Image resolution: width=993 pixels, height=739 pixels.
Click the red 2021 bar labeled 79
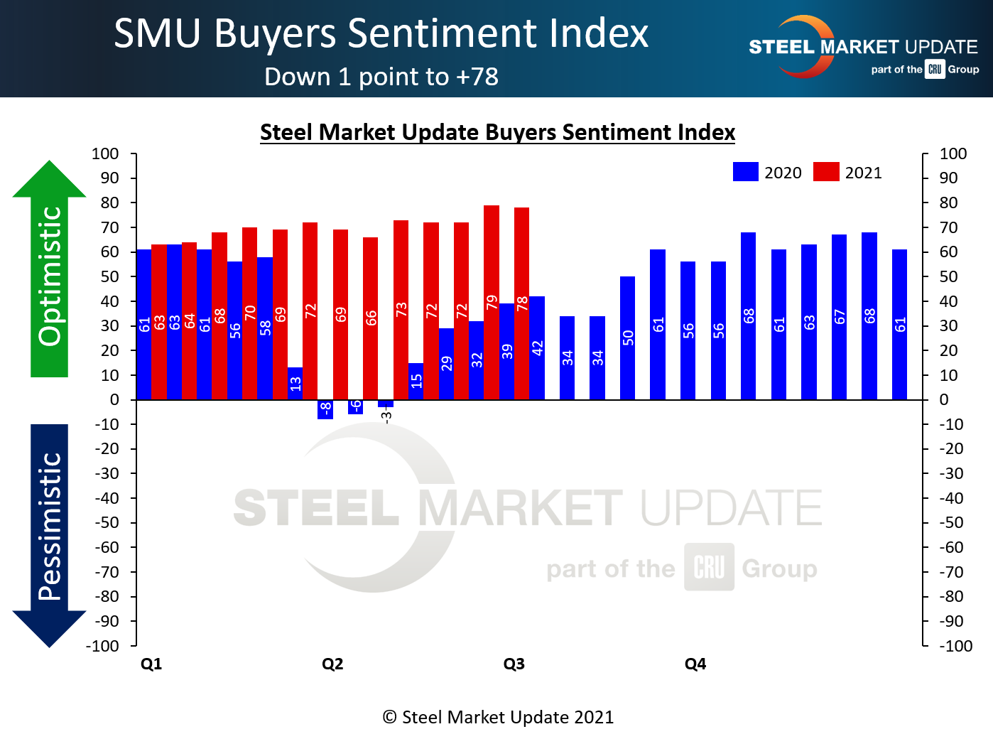(x=492, y=302)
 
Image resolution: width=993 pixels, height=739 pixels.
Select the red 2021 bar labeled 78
(x=522, y=303)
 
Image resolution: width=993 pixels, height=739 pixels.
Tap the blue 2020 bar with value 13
(x=295, y=383)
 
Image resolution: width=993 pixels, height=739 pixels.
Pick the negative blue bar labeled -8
(x=325, y=409)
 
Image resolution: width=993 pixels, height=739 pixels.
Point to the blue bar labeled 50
(x=628, y=338)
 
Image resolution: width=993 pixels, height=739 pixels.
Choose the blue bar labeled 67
(x=840, y=316)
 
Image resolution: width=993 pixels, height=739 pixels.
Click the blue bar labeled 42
(x=537, y=347)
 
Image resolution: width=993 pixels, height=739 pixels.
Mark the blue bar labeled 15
(x=416, y=381)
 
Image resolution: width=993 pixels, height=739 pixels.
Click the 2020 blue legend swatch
(x=746, y=172)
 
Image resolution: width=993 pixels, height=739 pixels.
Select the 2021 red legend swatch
(x=826, y=172)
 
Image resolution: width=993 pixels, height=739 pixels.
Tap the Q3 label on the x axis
(x=514, y=664)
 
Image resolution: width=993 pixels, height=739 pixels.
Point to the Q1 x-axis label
(x=151, y=664)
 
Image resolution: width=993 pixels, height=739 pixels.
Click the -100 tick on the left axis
(x=102, y=646)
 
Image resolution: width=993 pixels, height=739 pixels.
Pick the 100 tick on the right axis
(x=953, y=153)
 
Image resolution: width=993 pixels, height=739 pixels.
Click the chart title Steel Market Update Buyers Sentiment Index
(x=497, y=132)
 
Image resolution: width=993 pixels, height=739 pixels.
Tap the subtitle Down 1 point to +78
(x=381, y=77)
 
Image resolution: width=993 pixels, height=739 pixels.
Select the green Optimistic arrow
(x=49, y=270)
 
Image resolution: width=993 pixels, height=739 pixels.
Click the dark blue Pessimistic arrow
(x=49, y=533)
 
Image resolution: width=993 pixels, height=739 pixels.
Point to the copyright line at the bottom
(x=498, y=717)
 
